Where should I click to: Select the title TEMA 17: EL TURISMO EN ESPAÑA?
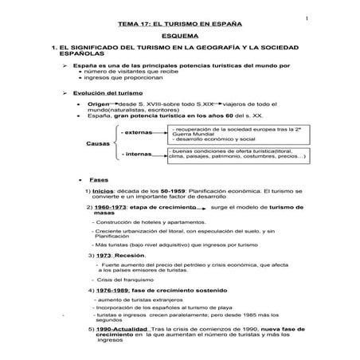[178, 25]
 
